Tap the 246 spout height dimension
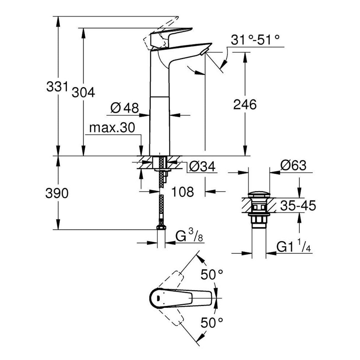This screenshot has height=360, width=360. coord(245,105)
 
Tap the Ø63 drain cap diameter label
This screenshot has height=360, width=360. coord(292,165)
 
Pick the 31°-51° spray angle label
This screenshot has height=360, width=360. coord(256,39)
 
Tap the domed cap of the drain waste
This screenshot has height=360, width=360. coord(259,195)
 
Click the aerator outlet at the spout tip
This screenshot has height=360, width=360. coord(203,52)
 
